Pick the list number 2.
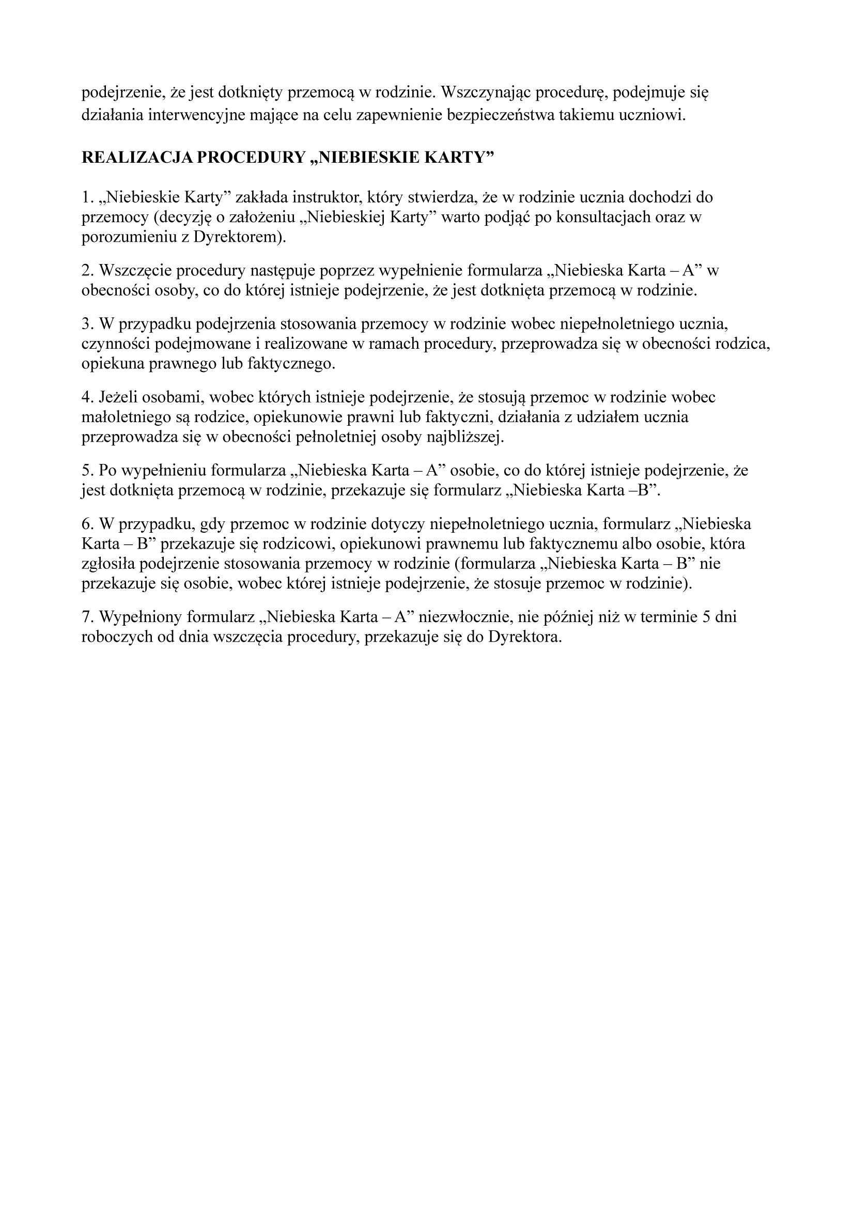tap(86, 270)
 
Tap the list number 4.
tap(86, 397)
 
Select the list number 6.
tap(86, 523)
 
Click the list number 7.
tap(86, 616)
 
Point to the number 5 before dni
tap(707, 616)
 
